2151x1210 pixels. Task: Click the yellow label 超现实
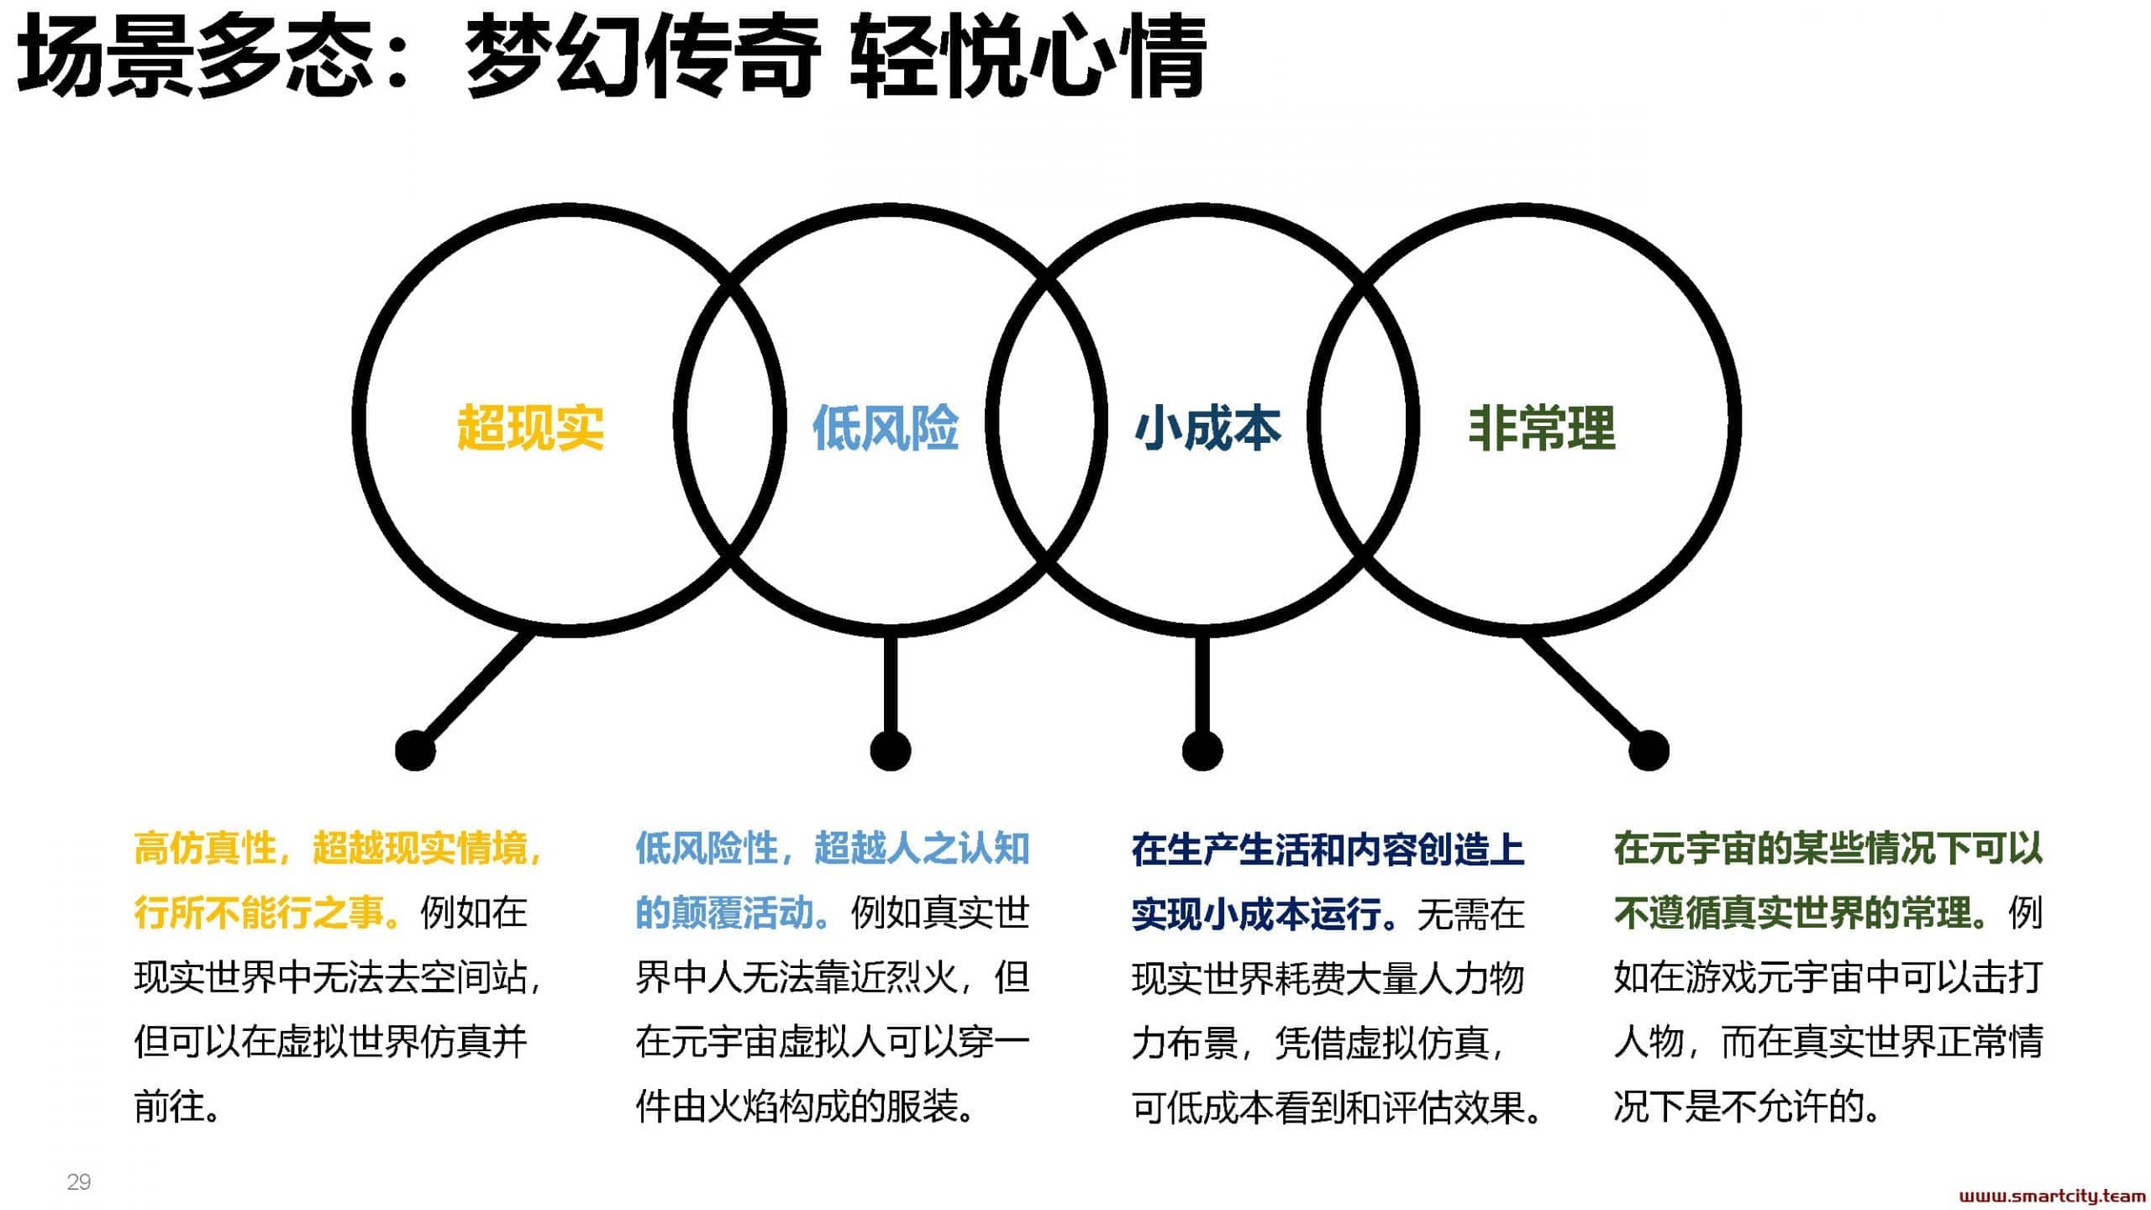[530, 428]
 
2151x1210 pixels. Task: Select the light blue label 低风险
[886, 428]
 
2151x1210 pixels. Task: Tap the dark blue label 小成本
[1207, 428]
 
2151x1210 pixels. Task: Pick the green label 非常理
[1542, 428]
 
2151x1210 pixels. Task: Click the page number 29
[79, 1182]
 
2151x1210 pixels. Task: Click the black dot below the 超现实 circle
[415, 750]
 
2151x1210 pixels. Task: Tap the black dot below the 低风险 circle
[891, 750]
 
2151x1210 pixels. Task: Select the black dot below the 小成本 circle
[1202, 750]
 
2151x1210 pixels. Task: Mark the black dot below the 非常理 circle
[1649, 750]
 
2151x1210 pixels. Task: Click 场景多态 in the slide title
[195, 56]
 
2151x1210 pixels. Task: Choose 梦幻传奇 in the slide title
[644, 56]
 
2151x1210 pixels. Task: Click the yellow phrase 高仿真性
[205, 849]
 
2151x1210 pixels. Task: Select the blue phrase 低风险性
[707, 849]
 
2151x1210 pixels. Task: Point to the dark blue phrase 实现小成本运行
[1257, 913]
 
